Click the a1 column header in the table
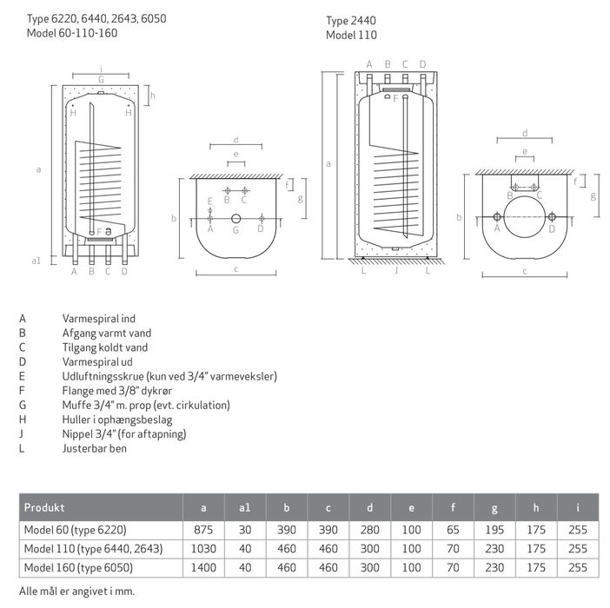[x=244, y=506]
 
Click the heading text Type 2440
[x=350, y=20]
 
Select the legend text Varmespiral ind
[x=99, y=319]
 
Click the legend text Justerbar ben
[x=93, y=448]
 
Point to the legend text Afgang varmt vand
[x=105, y=333]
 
